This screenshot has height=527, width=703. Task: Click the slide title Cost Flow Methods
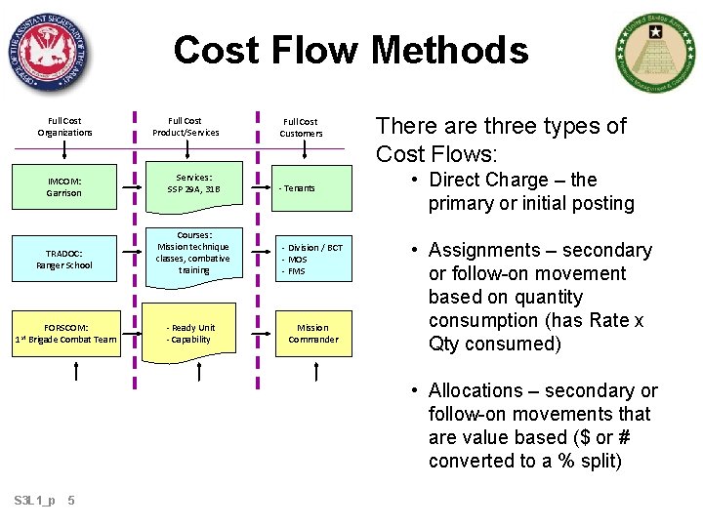351,50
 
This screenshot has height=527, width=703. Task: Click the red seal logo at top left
48,52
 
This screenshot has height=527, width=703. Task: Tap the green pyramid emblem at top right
655,54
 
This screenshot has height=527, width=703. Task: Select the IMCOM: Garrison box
64,187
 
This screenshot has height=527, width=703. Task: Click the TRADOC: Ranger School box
64,259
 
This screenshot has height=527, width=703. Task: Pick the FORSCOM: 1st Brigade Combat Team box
64,334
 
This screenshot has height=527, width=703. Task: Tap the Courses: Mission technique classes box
193,254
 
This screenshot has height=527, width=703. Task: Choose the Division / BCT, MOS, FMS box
312,260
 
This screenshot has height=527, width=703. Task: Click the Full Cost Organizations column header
64,127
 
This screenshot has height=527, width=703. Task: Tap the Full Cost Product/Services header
186,127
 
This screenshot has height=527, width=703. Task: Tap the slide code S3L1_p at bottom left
35,501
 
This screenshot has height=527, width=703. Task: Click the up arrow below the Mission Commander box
317,372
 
